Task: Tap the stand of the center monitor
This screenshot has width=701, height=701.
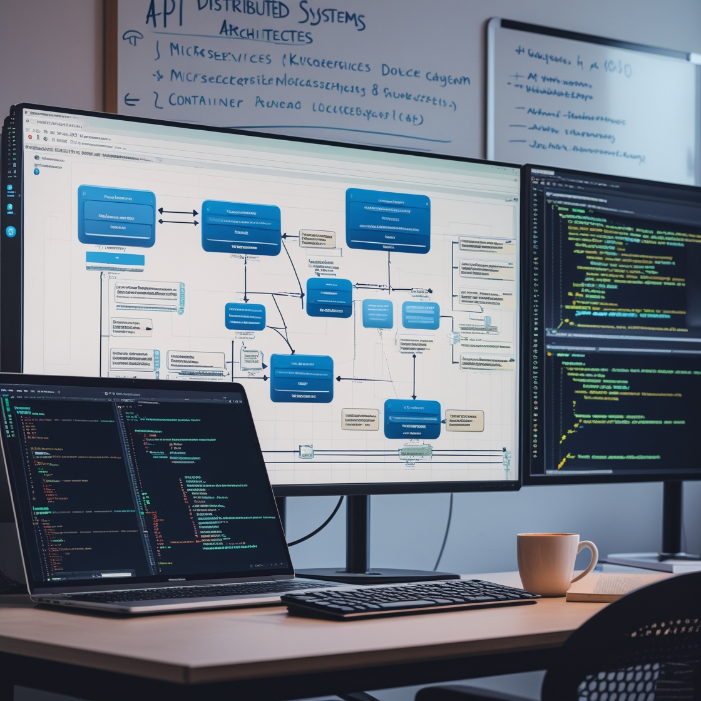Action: pyautogui.click(x=357, y=532)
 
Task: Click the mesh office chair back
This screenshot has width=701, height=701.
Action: pyautogui.click(x=632, y=651)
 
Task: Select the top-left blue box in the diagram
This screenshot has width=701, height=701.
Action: pyautogui.click(x=116, y=215)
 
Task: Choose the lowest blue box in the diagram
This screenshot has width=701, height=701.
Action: pyautogui.click(x=412, y=419)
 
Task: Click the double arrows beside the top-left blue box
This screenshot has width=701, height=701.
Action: pyautogui.click(x=178, y=217)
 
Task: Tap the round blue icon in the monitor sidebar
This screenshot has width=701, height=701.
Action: pyautogui.click(x=11, y=232)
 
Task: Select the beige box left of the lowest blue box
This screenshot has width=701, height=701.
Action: pyautogui.click(x=360, y=419)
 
